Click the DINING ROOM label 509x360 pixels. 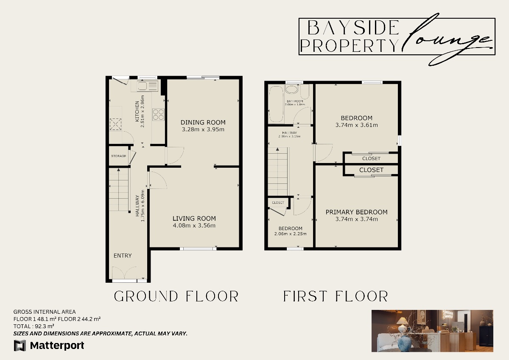click(x=203, y=122)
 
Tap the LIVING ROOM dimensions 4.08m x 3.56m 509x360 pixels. click(x=194, y=225)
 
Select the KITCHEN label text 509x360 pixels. click(x=137, y=112)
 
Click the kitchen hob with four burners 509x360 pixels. click(x=159, y=114)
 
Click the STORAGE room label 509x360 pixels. click(x=118, y=156)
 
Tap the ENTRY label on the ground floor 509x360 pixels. click(x=123, y=256)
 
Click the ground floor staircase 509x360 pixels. click(x=119, y=189)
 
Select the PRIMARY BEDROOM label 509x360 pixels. click(x=356, y=212)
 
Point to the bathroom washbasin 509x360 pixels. click(x=291, y=90)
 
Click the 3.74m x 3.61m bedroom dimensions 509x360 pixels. click(x=356, y=125)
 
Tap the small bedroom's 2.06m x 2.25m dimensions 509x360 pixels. click(x=291, y=234)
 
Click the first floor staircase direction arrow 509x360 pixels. click(x=277, y=149)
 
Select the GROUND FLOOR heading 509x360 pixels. click(x=176, y=296)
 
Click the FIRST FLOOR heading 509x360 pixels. click(x=336, y=296)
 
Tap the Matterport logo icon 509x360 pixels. click(x=20, y=346)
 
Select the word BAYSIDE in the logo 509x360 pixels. click(x=353, y=29)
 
